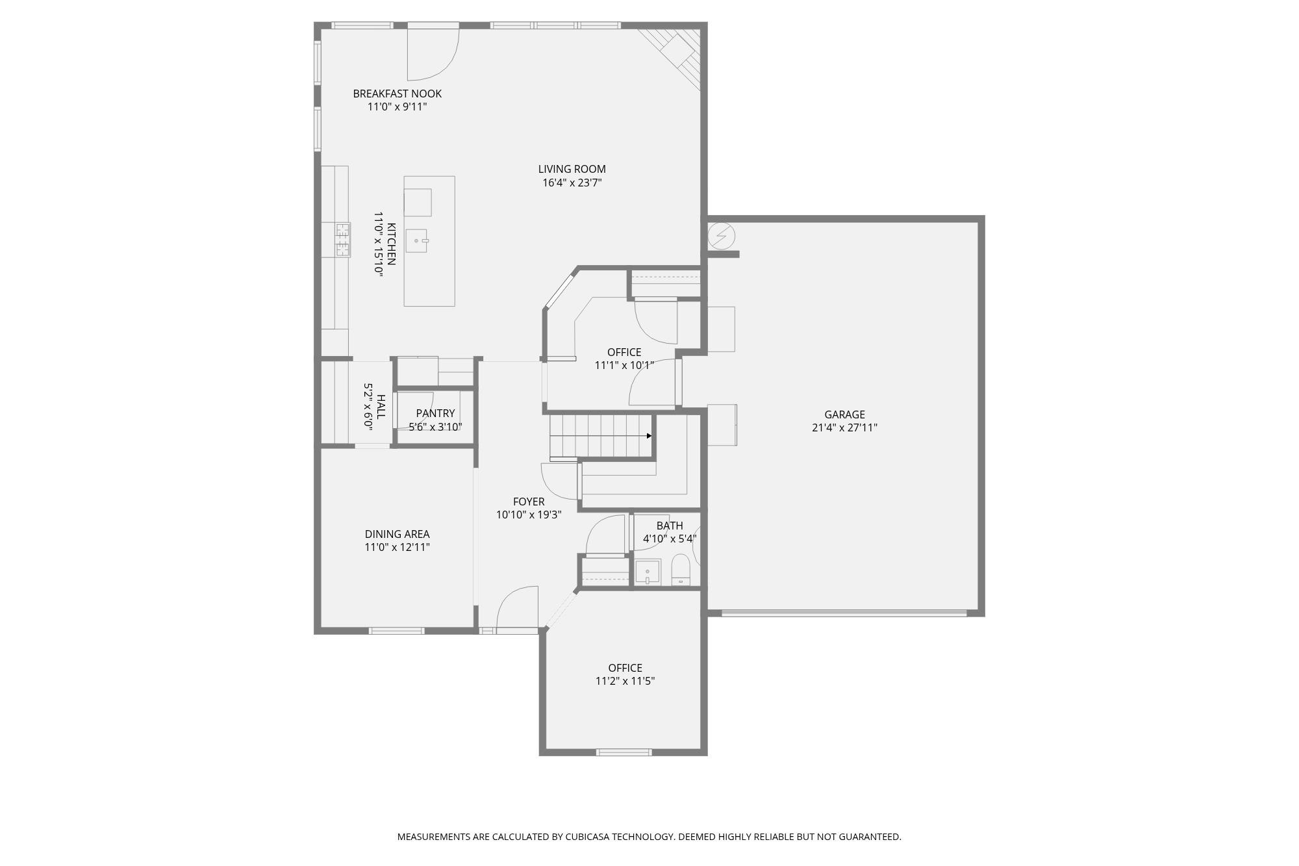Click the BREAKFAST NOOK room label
click(x=397, y=94)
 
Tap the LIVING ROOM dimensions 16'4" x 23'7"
click(x=572, y=183)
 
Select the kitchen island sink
click(x=417, y=240)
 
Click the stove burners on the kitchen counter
click(x=342, y=240)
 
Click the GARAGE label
click(x=844, y=414)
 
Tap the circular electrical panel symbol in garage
click(x=721, y=235)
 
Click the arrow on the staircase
click(x=648, y=436)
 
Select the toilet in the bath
click(x=680, y=570)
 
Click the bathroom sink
click(x=648, y=573)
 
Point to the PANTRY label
click(x=435, y=413)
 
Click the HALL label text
click(x=381, y=407)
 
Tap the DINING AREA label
click(x=397, y=534)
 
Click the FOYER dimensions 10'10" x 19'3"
click(x=529, y=515)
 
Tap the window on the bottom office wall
click(x=624, y=752)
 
